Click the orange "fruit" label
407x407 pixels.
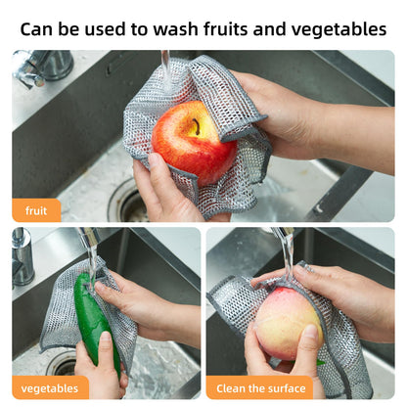point(36,209)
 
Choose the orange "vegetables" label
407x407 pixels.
point(50,387)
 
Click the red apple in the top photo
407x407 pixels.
point(194,142)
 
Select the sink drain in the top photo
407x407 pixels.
point(128,203)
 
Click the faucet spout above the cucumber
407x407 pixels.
point(86,237)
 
